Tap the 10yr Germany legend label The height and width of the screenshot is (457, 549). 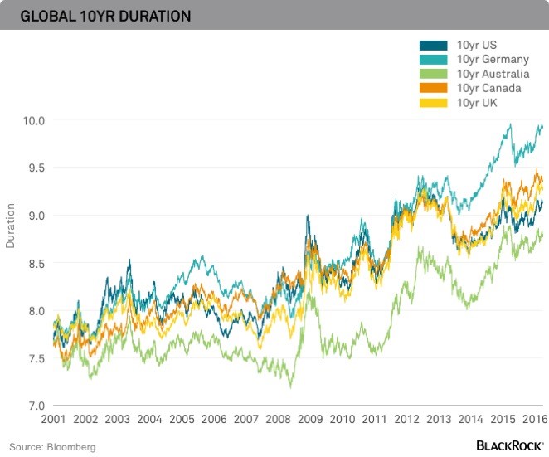click(x=493, y=60)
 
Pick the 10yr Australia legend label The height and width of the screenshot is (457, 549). click(x=493, y=74)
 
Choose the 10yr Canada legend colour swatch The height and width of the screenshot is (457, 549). click(x=435, y=88)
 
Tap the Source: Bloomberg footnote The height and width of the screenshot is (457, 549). click(x=53, y=447)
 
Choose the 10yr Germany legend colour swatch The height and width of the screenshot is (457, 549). click(x=435, y=60)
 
